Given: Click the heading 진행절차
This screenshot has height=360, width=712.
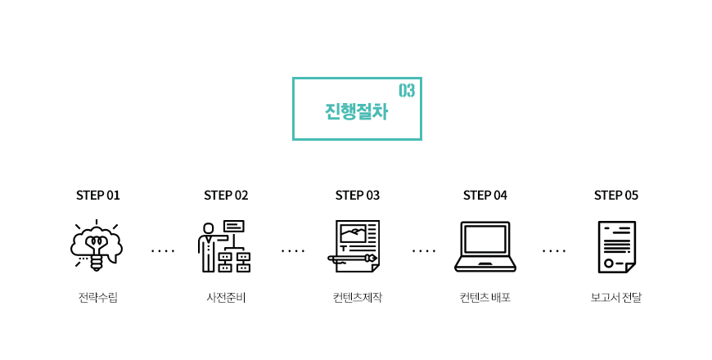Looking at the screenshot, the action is pyautogui.click(x=357, y=111).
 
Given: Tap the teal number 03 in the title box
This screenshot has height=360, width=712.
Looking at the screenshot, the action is pyautogui.click(x=407, y=91).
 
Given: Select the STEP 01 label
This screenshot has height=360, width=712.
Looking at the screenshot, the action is pyautogui.click(x=97, y=196).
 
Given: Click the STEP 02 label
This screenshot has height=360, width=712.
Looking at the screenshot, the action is pyautogui.click(x=226, y=196).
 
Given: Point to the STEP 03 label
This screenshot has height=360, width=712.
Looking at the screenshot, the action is pyautogui.click(x=358, y=196).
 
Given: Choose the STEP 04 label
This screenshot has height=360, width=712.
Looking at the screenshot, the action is pyautogui.click(x=485, y=196).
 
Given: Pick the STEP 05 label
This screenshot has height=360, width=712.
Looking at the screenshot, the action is pyautogui.click(x=616, y=196).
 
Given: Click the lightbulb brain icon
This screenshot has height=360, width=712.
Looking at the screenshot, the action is pyautogui.click(x=97, y=245).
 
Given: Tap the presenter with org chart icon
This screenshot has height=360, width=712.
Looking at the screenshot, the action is pyautogui.click(x=224, y=246).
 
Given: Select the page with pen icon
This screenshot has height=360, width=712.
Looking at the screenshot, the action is pyautogui.click(x=354, y=246).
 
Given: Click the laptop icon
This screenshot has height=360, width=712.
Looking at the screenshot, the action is pyautogui.click(x=485, y=247).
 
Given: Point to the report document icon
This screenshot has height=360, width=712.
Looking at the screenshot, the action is pyautogui.click(x=616, y=247).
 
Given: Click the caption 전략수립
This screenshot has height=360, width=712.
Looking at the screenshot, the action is pyautogui.click(x=98, y=298).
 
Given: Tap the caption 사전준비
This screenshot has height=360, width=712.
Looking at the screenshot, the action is pyautogui.click(x=226, y=298).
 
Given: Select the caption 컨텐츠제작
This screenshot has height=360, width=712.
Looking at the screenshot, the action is pyautogui.click(x=358, y=298).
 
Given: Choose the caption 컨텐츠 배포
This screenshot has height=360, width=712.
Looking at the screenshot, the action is pyautogui.click(x=485, y=298).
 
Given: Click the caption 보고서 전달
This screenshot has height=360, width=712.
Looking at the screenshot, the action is pyautogui.click(x=616, y=298).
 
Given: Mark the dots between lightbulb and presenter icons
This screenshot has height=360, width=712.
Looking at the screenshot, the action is pyautogui.click(x=163, y=250).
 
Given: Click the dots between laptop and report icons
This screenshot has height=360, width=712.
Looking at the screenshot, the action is pyautogui.click(x=554, y=250).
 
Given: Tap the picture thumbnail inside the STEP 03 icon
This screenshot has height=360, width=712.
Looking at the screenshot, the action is pyautogui.click(x=353, y=234).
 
